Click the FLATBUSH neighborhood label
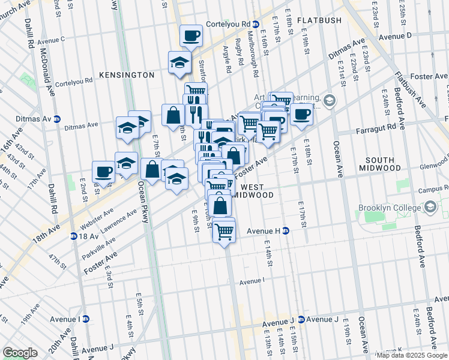coord(319,20)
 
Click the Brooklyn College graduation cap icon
coord(430,208)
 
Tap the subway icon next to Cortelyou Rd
coord(256,24)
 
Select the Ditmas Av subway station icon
coord(57,119)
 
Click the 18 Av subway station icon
coord(73,236)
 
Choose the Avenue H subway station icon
coord(286,230)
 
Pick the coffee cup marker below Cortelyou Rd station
coord(191,36)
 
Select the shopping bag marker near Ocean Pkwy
coord(152,169)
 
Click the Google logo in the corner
coord(20,352)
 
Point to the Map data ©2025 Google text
coord(412,355)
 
